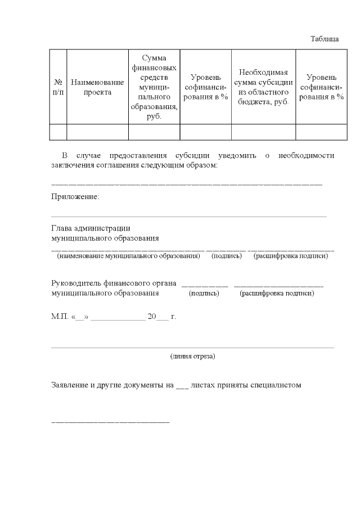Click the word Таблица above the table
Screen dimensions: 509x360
click(x=325, y=39)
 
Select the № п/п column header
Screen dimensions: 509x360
click(x=58, y=87)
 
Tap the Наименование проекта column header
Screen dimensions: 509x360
click(x=97, y=87)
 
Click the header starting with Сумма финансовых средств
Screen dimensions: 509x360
click(x=154, y=87)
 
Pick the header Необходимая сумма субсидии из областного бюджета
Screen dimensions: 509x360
click(x=263, y=87)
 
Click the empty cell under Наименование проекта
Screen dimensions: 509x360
click(x=97, y=132)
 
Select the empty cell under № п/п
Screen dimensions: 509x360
click(x=58, y=132)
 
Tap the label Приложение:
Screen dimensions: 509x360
click(x=75, y=197)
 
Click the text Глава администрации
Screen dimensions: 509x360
click(x=91, y=228)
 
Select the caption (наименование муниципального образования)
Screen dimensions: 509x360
click(x=128, y=256)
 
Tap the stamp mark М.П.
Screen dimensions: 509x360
click(x=59, y=317)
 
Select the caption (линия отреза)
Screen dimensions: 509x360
click(x=192, y=356)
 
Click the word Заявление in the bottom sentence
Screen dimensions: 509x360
click(x=70, y=385)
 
